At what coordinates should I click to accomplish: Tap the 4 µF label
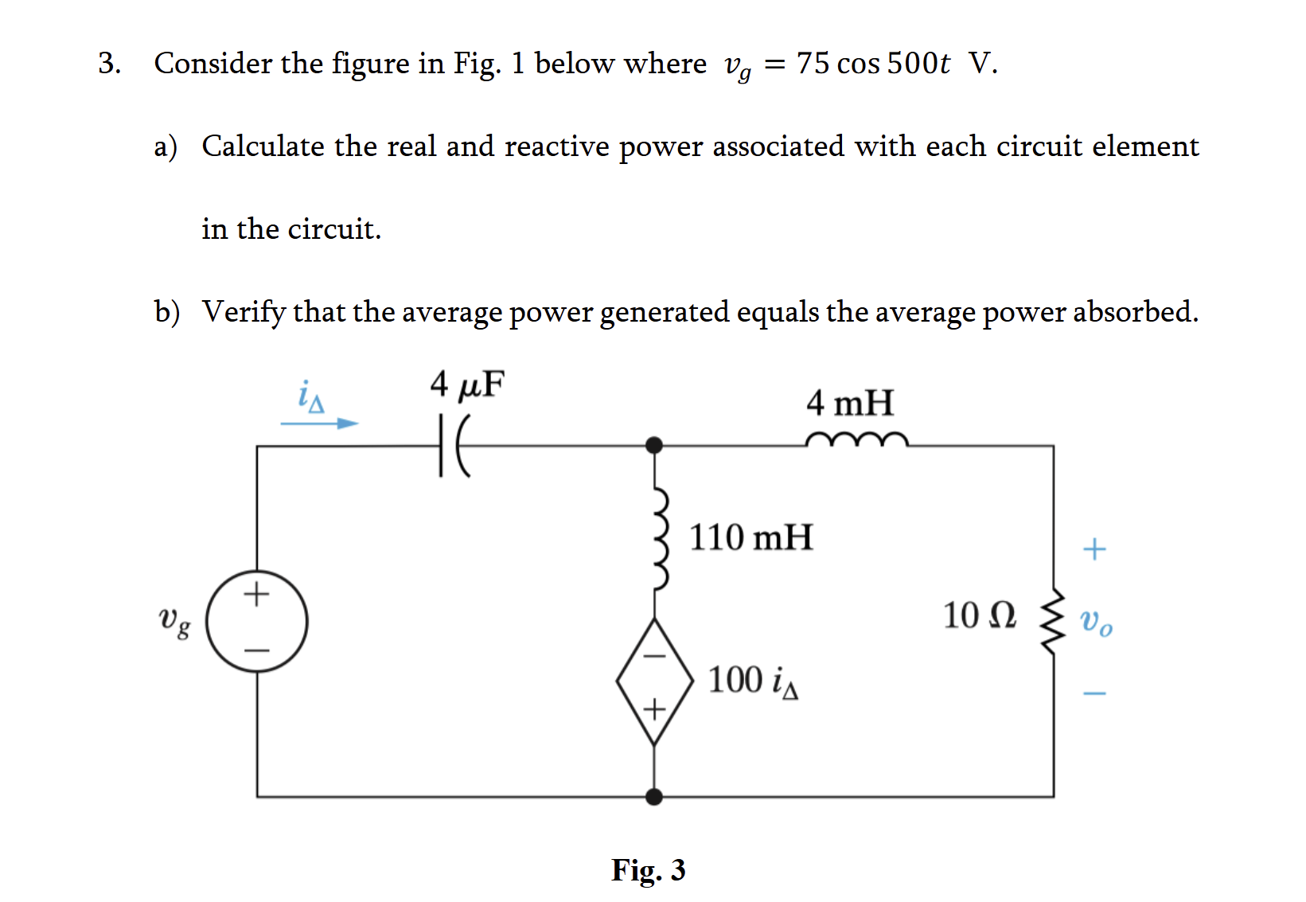467,385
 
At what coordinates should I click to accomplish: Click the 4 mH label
849,403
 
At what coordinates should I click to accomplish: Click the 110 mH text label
750,537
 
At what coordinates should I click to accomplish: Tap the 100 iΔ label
753,681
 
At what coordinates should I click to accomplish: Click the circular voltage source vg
257,621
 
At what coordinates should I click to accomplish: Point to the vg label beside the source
174,621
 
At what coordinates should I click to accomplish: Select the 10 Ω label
979,615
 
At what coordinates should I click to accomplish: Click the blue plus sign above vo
1094,549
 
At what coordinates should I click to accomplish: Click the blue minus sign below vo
1094,693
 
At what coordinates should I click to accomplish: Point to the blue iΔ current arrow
319,424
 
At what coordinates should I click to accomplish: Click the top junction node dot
654,446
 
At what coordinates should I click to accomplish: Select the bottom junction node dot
654,796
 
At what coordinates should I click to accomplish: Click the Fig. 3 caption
648,870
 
